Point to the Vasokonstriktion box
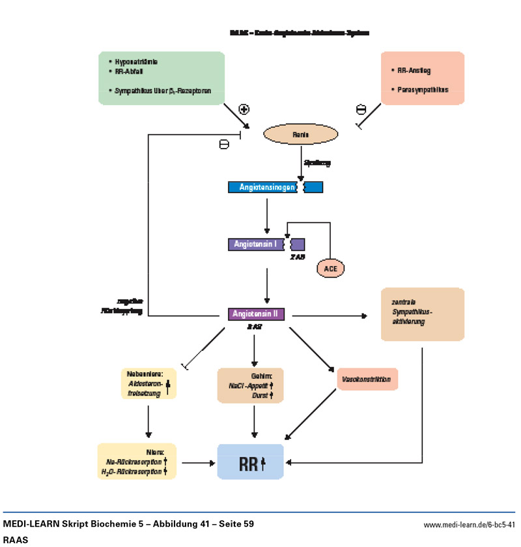367,379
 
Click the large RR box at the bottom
251,463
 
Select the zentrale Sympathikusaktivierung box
422,314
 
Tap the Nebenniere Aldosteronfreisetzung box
149,384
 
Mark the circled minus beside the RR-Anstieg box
361,109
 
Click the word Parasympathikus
419,89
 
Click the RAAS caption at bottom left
16,540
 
